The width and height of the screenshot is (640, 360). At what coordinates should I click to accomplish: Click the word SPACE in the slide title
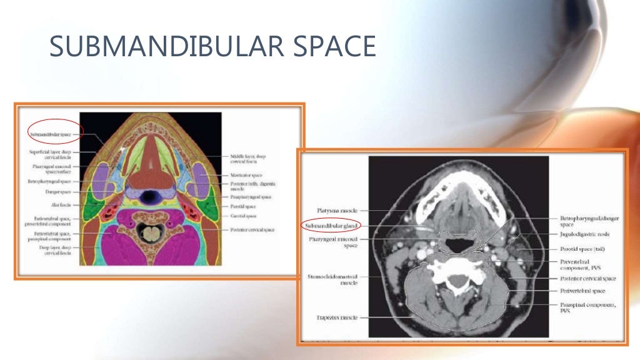331,46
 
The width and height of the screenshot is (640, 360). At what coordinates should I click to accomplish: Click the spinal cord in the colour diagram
150,234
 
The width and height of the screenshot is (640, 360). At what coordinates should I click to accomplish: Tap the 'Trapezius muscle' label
337,317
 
